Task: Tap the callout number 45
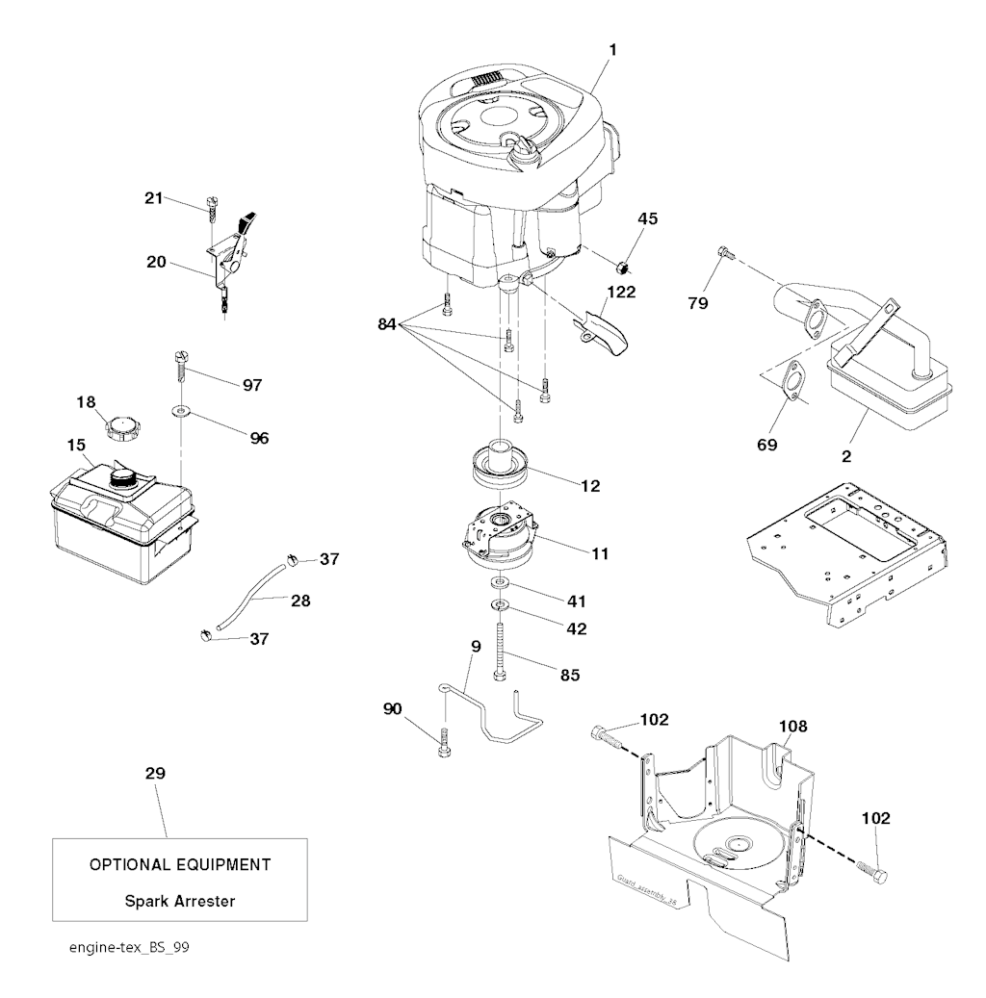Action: click(x=647, y=219)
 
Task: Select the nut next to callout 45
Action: click(x=623, y=260)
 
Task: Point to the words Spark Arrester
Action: click(x=179, y=902)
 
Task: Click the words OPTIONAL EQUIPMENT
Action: click(x=179, y=864)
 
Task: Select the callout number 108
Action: click(x=793, y=726)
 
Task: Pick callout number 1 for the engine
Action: click(x=612, y=48)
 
